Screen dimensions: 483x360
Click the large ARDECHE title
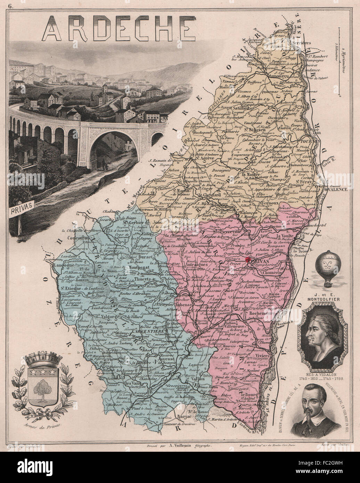coord(118,27)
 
